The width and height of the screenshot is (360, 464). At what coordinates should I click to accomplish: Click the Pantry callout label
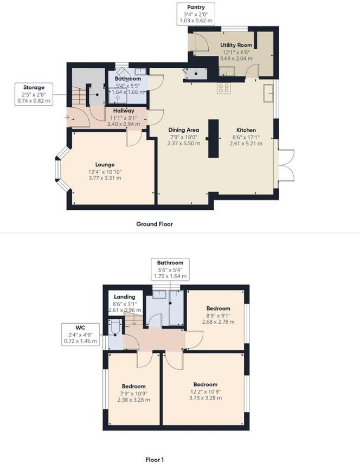196,14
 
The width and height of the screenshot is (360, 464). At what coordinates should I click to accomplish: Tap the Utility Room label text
236,45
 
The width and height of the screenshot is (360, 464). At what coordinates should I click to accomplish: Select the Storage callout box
34,94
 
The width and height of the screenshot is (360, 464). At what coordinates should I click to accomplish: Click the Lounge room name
105,165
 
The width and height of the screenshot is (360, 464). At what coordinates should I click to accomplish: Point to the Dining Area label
184,130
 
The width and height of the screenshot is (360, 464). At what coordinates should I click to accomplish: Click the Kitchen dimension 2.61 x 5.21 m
246,144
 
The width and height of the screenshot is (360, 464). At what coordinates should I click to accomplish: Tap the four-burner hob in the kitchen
223,88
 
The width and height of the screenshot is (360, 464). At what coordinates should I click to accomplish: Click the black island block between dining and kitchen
214,138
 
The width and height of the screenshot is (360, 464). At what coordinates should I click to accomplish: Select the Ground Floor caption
155,224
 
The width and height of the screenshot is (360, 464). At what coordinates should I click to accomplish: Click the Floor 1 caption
155,460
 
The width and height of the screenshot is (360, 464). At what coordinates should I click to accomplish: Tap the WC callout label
80,334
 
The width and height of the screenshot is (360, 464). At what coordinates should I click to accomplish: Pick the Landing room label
125,297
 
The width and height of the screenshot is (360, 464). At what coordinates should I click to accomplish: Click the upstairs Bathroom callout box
170,269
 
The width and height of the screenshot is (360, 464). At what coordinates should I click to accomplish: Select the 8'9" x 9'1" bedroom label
218,315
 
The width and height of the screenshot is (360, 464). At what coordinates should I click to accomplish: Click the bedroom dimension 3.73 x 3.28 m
205,398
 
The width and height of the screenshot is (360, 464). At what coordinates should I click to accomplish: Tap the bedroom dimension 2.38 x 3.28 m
133,400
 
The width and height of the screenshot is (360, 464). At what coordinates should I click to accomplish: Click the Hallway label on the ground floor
124,111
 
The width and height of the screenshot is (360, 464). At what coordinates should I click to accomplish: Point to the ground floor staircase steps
80,95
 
